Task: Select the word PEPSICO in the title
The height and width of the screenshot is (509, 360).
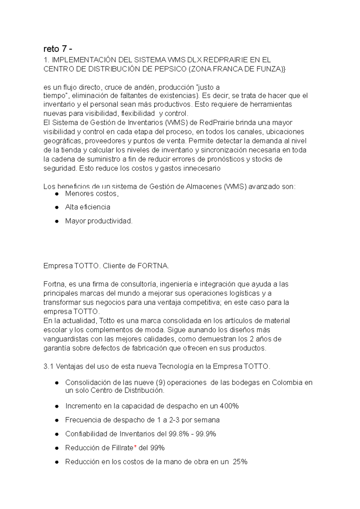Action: pyautogui.click(x=170, y=69)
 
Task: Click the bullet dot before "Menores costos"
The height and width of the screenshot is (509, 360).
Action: pyautogui.click(x=56, y=194)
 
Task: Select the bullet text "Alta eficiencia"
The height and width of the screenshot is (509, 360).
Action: pyautogui.click(x=88, y=207)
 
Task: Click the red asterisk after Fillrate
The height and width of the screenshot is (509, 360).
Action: pyautogui.click(x=135, y=447)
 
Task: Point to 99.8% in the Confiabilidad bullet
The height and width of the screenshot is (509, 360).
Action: pyautogui.click(x=178, y=434)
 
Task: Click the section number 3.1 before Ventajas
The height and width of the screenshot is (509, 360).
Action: pyautogui.click(x=48, y=367)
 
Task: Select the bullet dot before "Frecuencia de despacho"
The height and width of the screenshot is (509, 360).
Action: pyautogui.click(x=56, y=420)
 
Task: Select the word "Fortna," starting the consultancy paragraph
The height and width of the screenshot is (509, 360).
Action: pyautogui.click(x=54, y=284)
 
